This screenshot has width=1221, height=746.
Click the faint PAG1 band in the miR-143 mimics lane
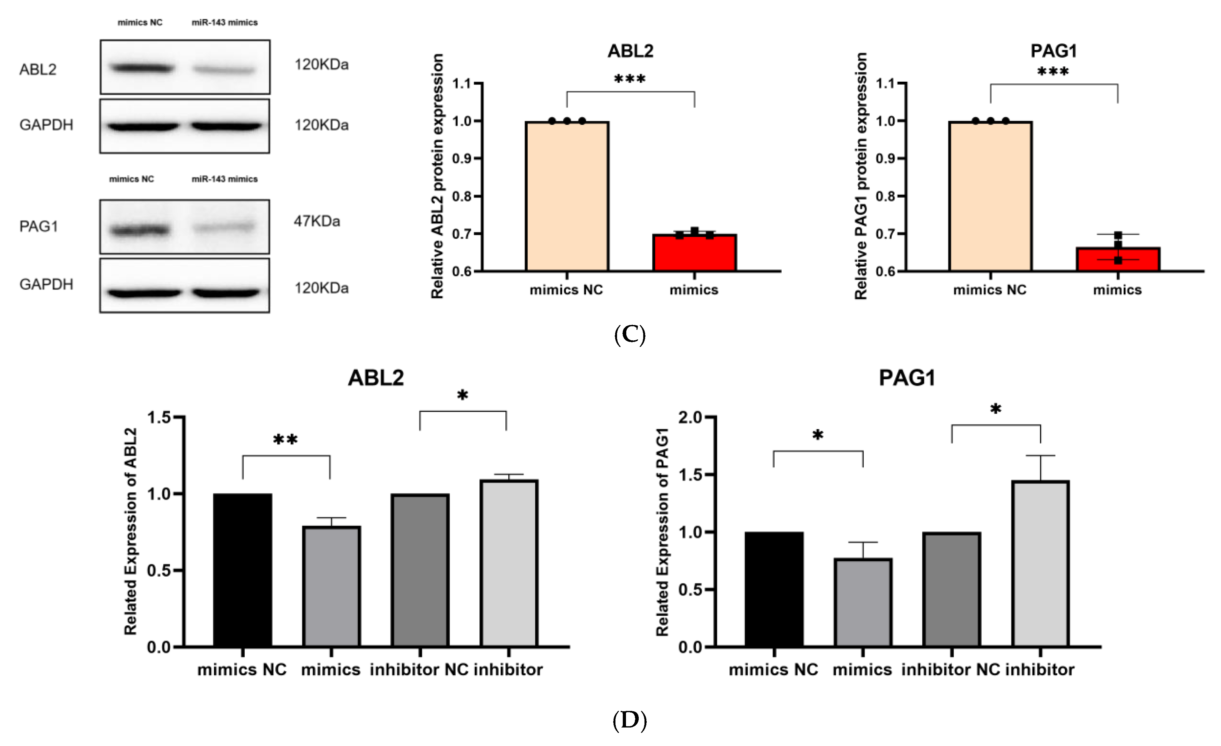224,227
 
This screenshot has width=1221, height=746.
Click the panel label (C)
629,335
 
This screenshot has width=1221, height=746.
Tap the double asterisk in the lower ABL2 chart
286,439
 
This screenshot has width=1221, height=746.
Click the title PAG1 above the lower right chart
906,378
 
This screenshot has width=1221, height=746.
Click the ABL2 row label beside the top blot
38,69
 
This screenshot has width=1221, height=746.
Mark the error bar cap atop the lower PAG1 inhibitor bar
1040,455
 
